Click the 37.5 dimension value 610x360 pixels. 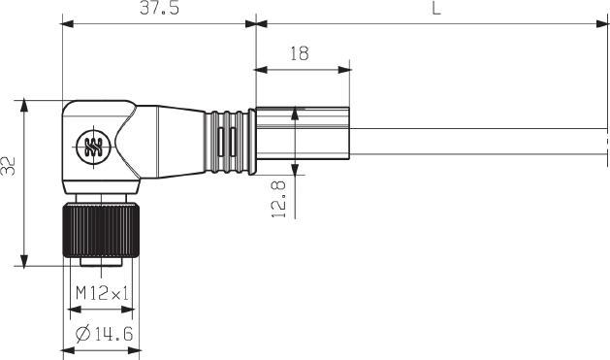pos(159,8)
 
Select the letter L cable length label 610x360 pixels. pos(436,8)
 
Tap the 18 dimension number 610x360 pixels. pos(300,53)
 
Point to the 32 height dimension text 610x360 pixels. pos(8,166)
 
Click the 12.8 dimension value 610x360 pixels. pos(278,199)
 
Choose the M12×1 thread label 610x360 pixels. pos(102,293)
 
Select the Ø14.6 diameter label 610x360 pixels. pos(105,334)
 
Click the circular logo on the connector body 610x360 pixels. pos(93,147)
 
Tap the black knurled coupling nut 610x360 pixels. pos(101,230)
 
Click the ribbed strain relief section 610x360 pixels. pos(230,142)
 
